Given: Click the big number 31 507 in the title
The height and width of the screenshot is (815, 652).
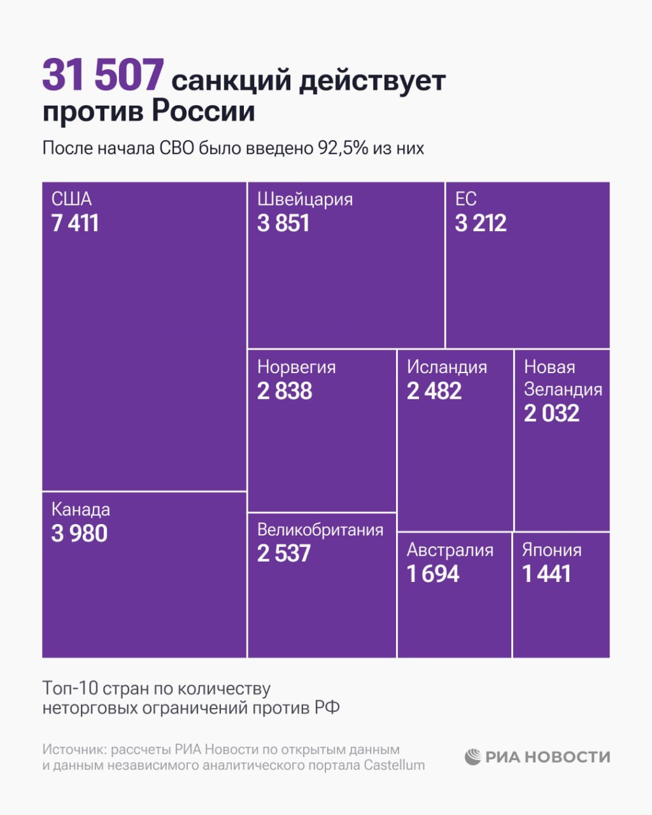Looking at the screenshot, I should [103, 75].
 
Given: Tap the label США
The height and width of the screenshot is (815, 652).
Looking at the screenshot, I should [71, 199].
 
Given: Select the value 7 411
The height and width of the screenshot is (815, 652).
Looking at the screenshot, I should [75, 223].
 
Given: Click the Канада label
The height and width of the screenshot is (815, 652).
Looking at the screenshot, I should [80, 509].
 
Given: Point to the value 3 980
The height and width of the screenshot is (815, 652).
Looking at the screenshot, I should [80, 534].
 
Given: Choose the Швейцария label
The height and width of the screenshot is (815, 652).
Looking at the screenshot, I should [304, 199].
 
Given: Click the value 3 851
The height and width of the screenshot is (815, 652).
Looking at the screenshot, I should [283, 223].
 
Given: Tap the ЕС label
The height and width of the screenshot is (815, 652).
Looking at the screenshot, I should [465, 199].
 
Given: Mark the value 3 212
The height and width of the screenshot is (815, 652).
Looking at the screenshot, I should [481, 223].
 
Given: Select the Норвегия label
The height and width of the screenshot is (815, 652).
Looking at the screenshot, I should [296, 367].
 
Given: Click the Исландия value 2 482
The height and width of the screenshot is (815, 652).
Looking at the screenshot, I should [434, 391].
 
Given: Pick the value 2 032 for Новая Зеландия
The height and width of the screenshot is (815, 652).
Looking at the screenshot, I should [551, 414].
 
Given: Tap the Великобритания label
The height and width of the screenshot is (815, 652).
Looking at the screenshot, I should [320, 530].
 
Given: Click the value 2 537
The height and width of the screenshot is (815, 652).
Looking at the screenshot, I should [284, 553].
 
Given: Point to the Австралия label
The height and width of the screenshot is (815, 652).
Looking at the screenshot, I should [450, 550].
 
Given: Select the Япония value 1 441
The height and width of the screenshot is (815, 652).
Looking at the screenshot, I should [546, 574].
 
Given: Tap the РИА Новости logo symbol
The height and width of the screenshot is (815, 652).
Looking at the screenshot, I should [472, 756].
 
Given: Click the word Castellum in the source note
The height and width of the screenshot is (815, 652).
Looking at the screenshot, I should [394, 765].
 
